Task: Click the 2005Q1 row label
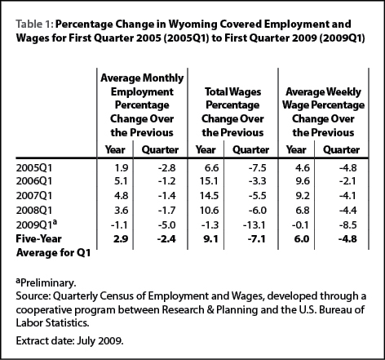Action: click(34, 168)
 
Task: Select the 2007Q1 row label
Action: click(34, 196)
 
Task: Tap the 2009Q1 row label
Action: click(37, 224)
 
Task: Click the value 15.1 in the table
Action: click(209, 181)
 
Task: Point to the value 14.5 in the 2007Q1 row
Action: click(209, 196)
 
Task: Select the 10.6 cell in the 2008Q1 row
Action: click(209, 211)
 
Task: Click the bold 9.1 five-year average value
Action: click(210, 239)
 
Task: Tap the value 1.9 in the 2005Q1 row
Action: click(121, 168)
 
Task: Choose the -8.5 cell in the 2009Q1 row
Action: click(347, 225)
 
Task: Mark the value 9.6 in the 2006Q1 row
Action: click(303, 181)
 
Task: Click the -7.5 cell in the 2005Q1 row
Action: click(257, 168)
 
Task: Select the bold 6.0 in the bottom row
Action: click(302, 239)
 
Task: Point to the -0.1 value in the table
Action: click(300, 225)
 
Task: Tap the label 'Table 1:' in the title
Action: click(34, 24)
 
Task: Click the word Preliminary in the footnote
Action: click(48, 283)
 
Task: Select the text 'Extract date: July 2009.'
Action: click(69, 340)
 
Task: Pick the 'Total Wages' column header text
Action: click(232, 91)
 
